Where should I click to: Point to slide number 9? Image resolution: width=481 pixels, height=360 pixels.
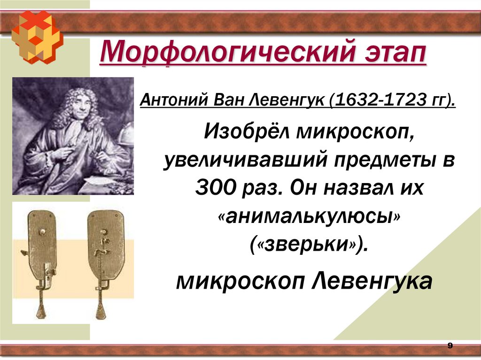coord(450,346)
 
